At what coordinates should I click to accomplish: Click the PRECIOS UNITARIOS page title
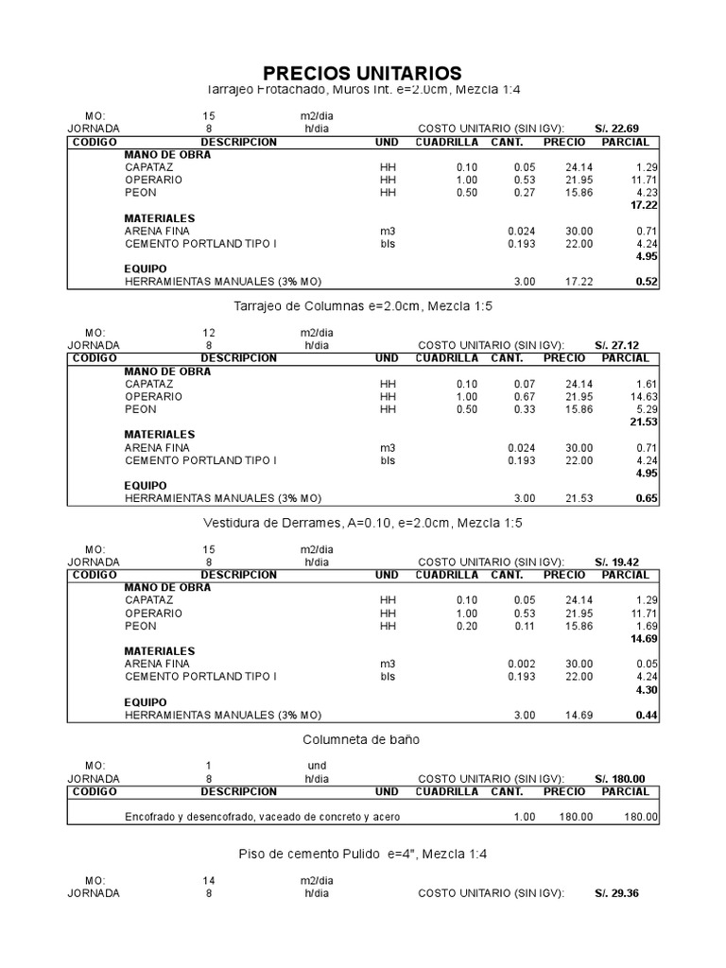point(362,73)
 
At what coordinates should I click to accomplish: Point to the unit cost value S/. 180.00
point(619,778)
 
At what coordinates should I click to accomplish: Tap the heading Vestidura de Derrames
point(363,522)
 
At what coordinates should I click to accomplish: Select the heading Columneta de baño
point(361,738)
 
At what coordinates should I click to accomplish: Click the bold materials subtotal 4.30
point(646,690)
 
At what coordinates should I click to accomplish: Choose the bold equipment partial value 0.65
point(647,498)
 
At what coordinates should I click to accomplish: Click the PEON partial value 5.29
point(646,409)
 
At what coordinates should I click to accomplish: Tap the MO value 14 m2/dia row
point(209,880)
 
